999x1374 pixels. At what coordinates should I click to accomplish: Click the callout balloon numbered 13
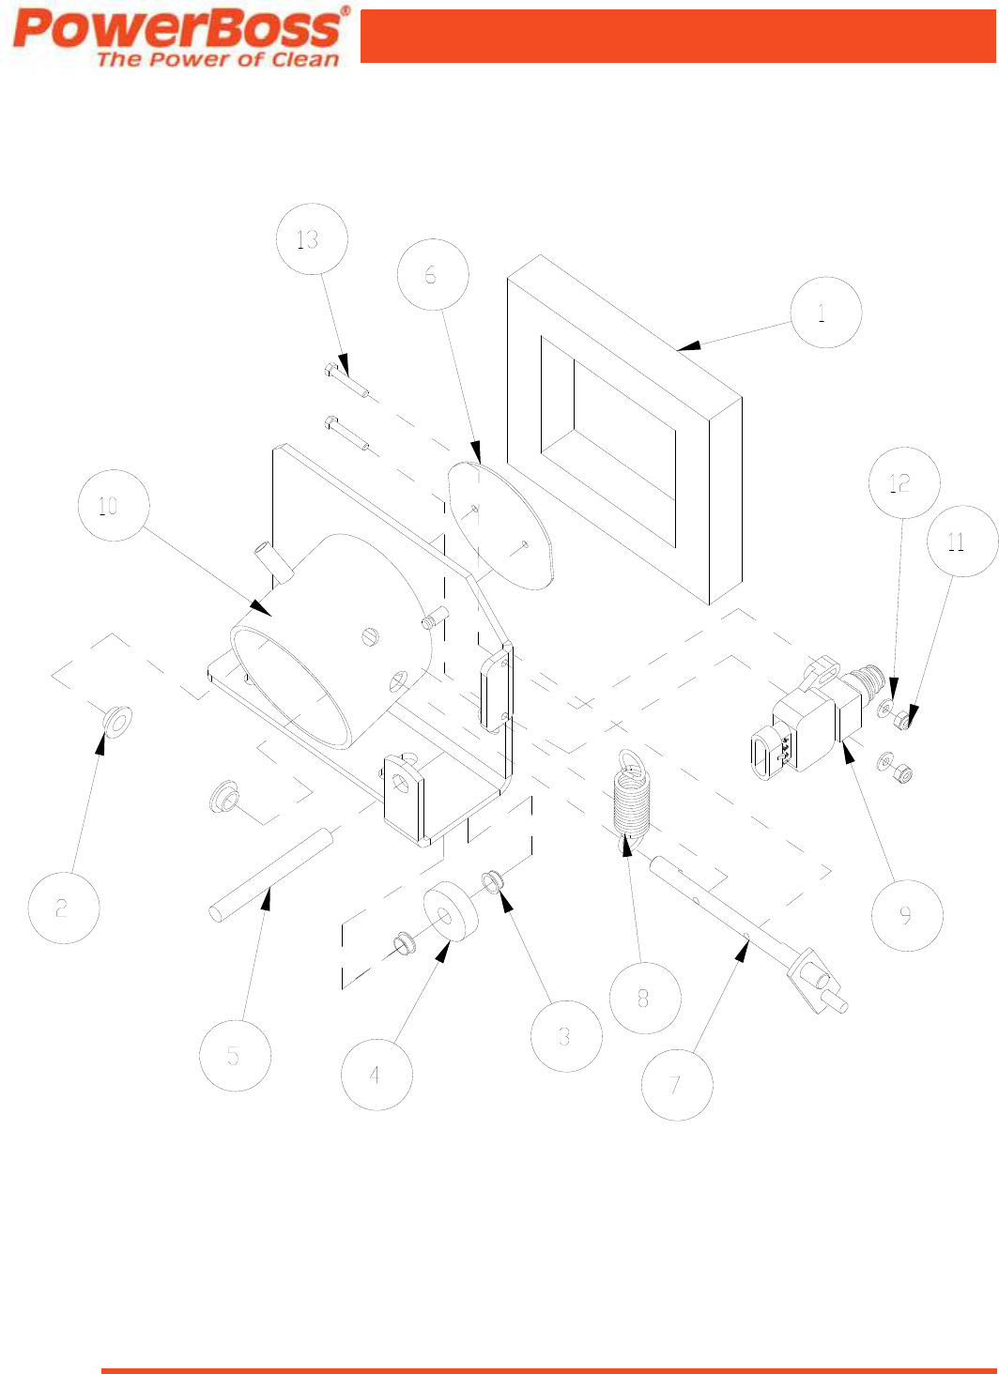[x=312, y=238]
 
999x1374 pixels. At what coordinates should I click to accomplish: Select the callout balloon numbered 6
[x=433, y=274]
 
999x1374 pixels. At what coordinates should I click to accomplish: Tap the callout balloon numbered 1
[x=826, y=313]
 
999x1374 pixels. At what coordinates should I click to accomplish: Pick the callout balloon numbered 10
[x=114, y=505]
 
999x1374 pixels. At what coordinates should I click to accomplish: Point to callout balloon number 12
[x=904, y=482]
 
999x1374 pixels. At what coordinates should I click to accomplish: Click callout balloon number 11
[x=962, y=541]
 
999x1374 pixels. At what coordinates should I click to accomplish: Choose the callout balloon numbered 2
[x=64, y=908]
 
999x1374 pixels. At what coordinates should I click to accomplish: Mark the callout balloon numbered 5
[x=235, y=1055]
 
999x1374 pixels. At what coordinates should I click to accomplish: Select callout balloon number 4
[x=377, y=1075]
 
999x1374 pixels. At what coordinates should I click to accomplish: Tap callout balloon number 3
[x=566, y=1036]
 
